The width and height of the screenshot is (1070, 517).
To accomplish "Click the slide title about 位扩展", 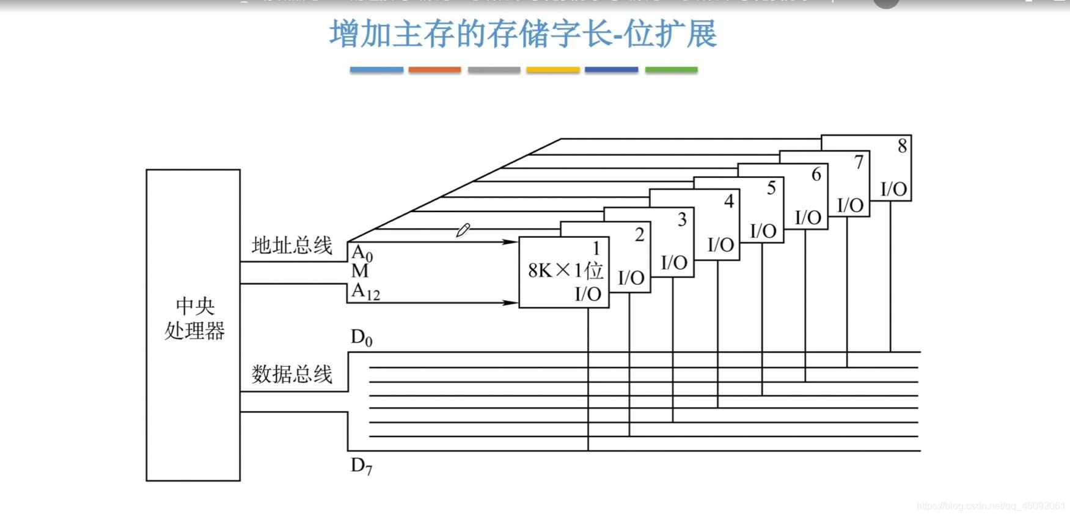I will pos(522,34).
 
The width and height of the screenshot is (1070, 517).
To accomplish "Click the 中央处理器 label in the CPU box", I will pos(194,318).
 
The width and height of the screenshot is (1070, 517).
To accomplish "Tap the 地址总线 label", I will pos(291,246).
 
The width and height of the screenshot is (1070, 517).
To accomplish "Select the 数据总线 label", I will pos(291,374).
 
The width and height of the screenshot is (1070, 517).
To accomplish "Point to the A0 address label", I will pos(362,252).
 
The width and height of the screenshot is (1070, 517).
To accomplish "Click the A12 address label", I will pos(365,292).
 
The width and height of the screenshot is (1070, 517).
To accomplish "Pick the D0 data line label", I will pos(361,338).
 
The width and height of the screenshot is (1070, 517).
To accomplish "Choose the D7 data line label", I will pos(361,466).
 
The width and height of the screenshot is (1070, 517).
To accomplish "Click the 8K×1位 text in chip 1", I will pos(565,270).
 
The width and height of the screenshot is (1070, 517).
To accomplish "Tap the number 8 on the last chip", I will pos(902,146).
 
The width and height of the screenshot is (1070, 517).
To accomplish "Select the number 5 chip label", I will pos(771,188).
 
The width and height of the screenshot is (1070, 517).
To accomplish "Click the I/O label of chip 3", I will pos(674,263).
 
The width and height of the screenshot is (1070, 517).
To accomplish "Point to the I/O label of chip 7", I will pos(850,205).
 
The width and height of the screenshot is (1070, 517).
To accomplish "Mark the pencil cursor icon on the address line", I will pos(463,230).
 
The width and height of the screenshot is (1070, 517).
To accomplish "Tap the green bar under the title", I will pos(671,70).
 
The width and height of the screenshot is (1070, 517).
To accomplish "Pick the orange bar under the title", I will pos(434,70).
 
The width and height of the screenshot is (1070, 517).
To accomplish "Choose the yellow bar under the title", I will pos(552,70).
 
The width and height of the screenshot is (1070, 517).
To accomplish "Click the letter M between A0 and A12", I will pos(360,271).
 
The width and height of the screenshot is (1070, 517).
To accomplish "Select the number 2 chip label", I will pos(639,235).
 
